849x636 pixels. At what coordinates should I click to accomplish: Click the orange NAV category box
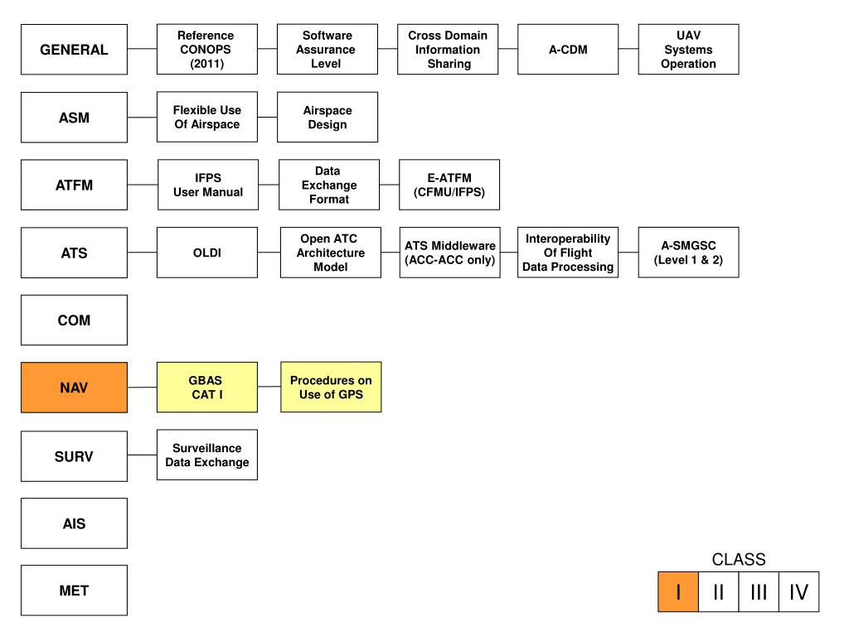(74, 388)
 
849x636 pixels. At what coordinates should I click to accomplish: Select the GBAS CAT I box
(206, 388)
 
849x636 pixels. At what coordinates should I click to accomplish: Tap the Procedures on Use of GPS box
(331, 387)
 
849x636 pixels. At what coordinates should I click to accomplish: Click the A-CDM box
(568, 50)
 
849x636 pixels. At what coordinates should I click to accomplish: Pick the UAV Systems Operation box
(688, 50)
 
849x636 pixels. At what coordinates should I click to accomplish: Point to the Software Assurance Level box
(327, 50)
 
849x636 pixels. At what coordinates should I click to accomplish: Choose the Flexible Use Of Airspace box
(206, 118)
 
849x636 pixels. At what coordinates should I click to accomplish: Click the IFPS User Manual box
(207, 185)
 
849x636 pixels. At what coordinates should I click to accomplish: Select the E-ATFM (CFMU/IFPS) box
(449, 185)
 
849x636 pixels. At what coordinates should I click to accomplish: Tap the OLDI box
(206, 253)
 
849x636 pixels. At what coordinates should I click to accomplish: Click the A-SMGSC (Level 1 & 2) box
(688, 253)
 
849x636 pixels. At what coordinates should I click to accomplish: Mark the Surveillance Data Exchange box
(206, 455)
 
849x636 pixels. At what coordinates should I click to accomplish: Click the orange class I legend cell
(678, 592)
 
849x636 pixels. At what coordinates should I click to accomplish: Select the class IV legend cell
(798, 592)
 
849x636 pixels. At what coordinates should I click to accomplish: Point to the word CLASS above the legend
(739, 560)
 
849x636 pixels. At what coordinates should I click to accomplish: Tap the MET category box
(74, 590)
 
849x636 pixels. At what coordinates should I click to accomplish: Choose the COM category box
(74, 320)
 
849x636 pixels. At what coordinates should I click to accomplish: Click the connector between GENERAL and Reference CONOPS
(142, 50)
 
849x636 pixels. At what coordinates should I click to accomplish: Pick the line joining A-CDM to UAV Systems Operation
(628, 50)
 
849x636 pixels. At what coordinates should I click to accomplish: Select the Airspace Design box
(327, 118)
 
